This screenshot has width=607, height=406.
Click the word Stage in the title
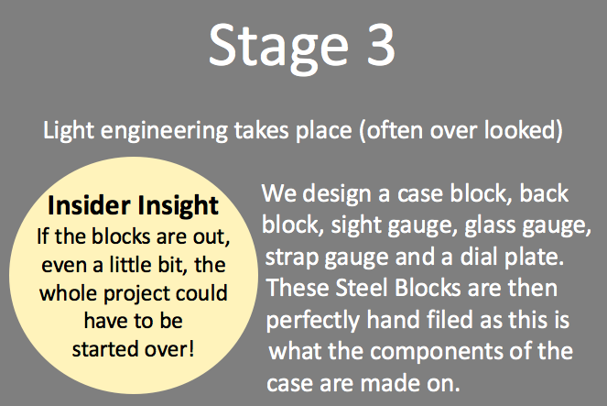(278, 48)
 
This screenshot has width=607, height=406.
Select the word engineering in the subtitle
(164, 131)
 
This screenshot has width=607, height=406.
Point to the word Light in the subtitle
(68, 131)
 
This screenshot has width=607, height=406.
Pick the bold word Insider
(89, 205)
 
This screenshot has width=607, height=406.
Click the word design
(336, 193)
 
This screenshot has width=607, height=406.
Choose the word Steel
(362, 288)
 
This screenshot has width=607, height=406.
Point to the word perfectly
(313, 321)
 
